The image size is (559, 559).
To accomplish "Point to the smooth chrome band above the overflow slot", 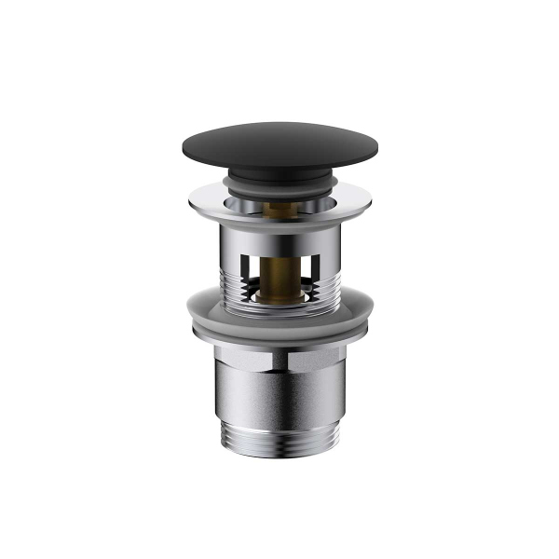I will [279, 233].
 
